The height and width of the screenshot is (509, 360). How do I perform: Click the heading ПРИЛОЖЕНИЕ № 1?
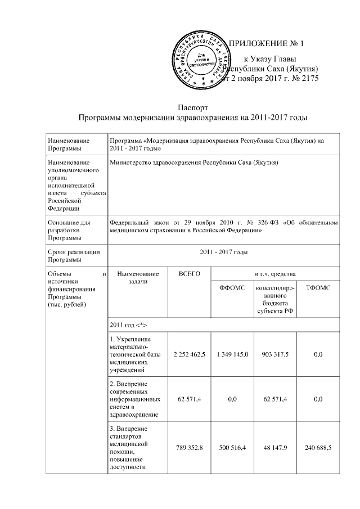[x=268, y=44]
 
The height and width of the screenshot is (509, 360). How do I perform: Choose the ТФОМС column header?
[x=317, y=288]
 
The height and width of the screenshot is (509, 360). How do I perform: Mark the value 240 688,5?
[x=317, y=448]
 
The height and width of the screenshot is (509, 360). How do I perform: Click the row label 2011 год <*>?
[x=130, y=326]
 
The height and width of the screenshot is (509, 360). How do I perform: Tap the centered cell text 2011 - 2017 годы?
[x=223, y=252]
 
